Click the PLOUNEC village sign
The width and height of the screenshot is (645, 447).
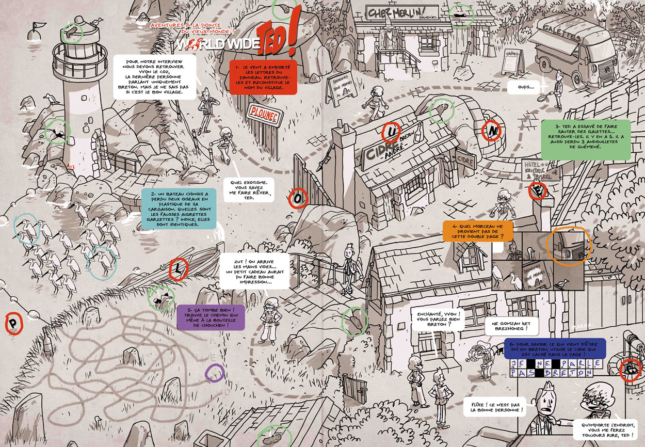coord(264,116)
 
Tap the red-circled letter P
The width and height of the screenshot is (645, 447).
coord(12,325)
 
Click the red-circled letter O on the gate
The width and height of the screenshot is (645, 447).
coord(298,197)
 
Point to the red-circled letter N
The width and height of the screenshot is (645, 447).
coord(491,132)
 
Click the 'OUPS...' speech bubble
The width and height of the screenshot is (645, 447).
coord(523,87)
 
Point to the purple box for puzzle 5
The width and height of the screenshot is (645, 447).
coord(209,316)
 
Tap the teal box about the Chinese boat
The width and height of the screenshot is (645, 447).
coord(179,209)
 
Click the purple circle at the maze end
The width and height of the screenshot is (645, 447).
coord(215,373)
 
